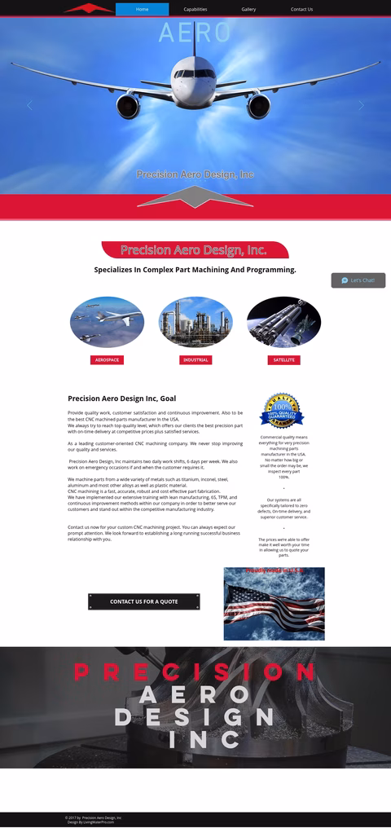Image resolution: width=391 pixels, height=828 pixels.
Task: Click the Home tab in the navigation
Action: (x=142, y=9)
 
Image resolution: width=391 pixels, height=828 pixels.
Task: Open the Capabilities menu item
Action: (x=195, y=9)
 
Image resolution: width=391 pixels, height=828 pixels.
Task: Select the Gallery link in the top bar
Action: (x=248, y=9)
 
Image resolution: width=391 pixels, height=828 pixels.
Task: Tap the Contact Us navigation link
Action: (x=301, y=9)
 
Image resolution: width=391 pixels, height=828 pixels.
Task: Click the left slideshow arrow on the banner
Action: (x=29, y=105)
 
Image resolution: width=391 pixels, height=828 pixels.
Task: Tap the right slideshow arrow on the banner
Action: (x=362, y=105)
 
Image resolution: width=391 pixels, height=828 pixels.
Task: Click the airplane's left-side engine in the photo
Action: (x=129, y=104)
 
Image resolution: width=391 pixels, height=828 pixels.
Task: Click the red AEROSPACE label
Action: (x=107, y=359)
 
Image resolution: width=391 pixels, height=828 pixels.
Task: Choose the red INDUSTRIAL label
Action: (x=195, y=359)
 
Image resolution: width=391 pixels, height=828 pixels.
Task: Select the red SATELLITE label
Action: (x=283, y=359)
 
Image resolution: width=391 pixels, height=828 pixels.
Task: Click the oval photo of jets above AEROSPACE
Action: (x=107, y=322)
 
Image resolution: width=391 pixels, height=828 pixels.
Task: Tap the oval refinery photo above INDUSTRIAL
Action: (x=195, y=322)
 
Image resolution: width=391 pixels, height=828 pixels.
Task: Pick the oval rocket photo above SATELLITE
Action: (x=283, y=322)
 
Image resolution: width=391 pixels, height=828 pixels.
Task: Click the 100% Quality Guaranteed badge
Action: (x=282, y=412)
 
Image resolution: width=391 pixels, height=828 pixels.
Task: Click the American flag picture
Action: (x=274, y=604)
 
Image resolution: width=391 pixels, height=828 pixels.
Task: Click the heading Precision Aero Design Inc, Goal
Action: (x=121, y=399)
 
